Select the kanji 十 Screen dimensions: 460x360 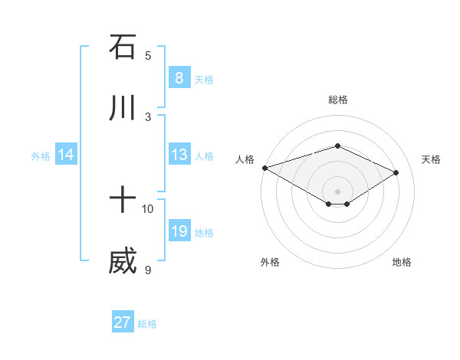click(x=123, y=201)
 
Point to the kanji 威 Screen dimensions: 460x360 click(x=123, y=261)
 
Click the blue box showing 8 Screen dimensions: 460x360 click(x=179, y=78)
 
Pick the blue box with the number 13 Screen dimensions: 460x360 click(x=179, y=155)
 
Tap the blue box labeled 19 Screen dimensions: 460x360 click(x=179, y=231)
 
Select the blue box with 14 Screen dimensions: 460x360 click(x=65, y=155)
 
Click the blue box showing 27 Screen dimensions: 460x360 click(x=122, y=322)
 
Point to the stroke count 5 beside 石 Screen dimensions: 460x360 click(x=148, y=55)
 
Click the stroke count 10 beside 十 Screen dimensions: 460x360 click(x=148, y=208)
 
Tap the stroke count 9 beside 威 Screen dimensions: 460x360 click(x=148, y=269)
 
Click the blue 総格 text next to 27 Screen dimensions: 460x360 click(x=147, y=324)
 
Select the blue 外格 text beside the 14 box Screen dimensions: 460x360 click(x=41, y=156)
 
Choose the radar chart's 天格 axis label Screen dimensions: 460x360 click(x=432, y=159)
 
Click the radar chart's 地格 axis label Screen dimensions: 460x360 click(x=402, y=262)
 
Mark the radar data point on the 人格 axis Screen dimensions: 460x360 click(x=264, y=167)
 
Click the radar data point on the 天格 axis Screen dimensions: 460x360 click(x=396, y=172)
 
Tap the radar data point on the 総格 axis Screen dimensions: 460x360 click(x=337, y=146)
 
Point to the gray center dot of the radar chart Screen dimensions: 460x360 click(x=337, y=191)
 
